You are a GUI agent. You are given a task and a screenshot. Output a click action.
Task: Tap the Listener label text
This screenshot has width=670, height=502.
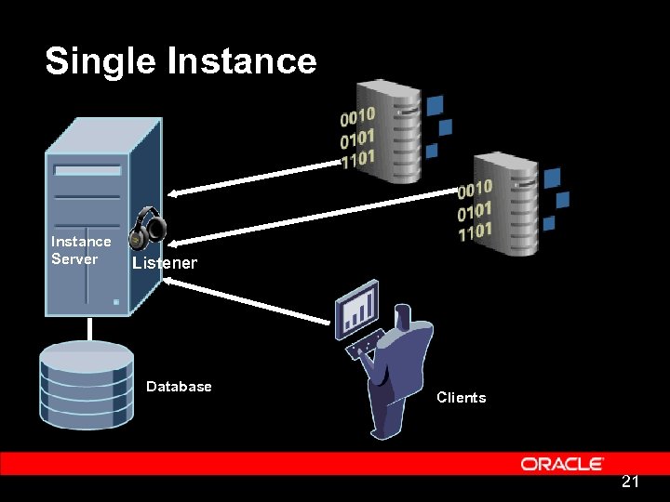165,263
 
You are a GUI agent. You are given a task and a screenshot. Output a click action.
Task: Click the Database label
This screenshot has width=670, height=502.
179,387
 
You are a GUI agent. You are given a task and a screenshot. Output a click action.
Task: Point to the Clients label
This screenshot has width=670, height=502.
461,398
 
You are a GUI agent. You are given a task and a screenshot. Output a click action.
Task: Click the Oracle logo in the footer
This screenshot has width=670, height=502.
562,463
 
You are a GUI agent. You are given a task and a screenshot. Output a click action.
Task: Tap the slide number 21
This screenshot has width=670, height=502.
630,482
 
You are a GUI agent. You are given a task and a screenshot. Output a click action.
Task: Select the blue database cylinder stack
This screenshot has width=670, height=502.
87,383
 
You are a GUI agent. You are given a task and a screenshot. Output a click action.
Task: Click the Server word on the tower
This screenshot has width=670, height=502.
74,259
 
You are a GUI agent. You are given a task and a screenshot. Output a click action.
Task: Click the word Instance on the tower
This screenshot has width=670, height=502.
81,242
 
